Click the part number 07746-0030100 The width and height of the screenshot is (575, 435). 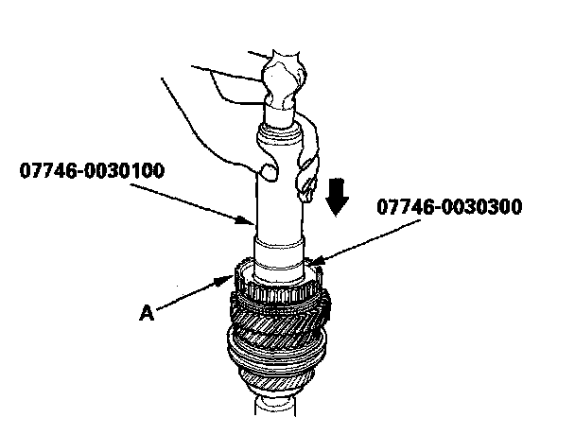tap(92, 171)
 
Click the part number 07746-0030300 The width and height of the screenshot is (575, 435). tap(448, 205)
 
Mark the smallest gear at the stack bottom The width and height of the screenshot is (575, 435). tap(274, 388)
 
